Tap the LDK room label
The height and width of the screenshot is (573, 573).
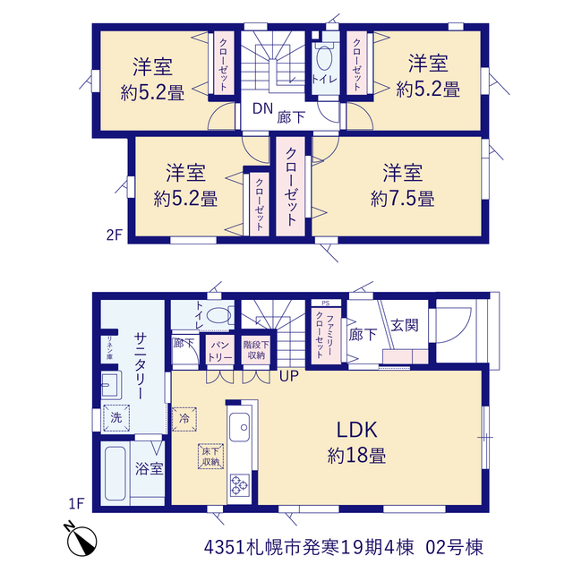[356, 430]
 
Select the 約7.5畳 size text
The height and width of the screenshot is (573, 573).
[402, 199]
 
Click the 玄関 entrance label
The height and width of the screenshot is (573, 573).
[405, 325]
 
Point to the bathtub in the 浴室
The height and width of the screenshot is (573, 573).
[115, 474]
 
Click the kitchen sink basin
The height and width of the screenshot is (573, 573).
[240, 427]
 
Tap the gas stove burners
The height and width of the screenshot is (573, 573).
[239, 485]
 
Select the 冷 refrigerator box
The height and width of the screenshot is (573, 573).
[184, 419]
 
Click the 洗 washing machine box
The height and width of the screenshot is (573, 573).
[116, 418]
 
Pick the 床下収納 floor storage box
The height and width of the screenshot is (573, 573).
[211, 457]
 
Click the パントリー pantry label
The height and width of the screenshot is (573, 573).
[219, 351]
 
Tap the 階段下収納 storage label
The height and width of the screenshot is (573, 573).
[256, 350]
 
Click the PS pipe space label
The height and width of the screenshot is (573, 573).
[326, 304]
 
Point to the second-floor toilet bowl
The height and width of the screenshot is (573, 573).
[324, 58]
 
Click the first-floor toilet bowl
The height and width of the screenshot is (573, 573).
[218, 315]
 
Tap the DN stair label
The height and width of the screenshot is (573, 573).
[262, 108]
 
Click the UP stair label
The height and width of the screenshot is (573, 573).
[289, 375]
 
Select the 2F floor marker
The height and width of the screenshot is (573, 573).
[114, 235]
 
